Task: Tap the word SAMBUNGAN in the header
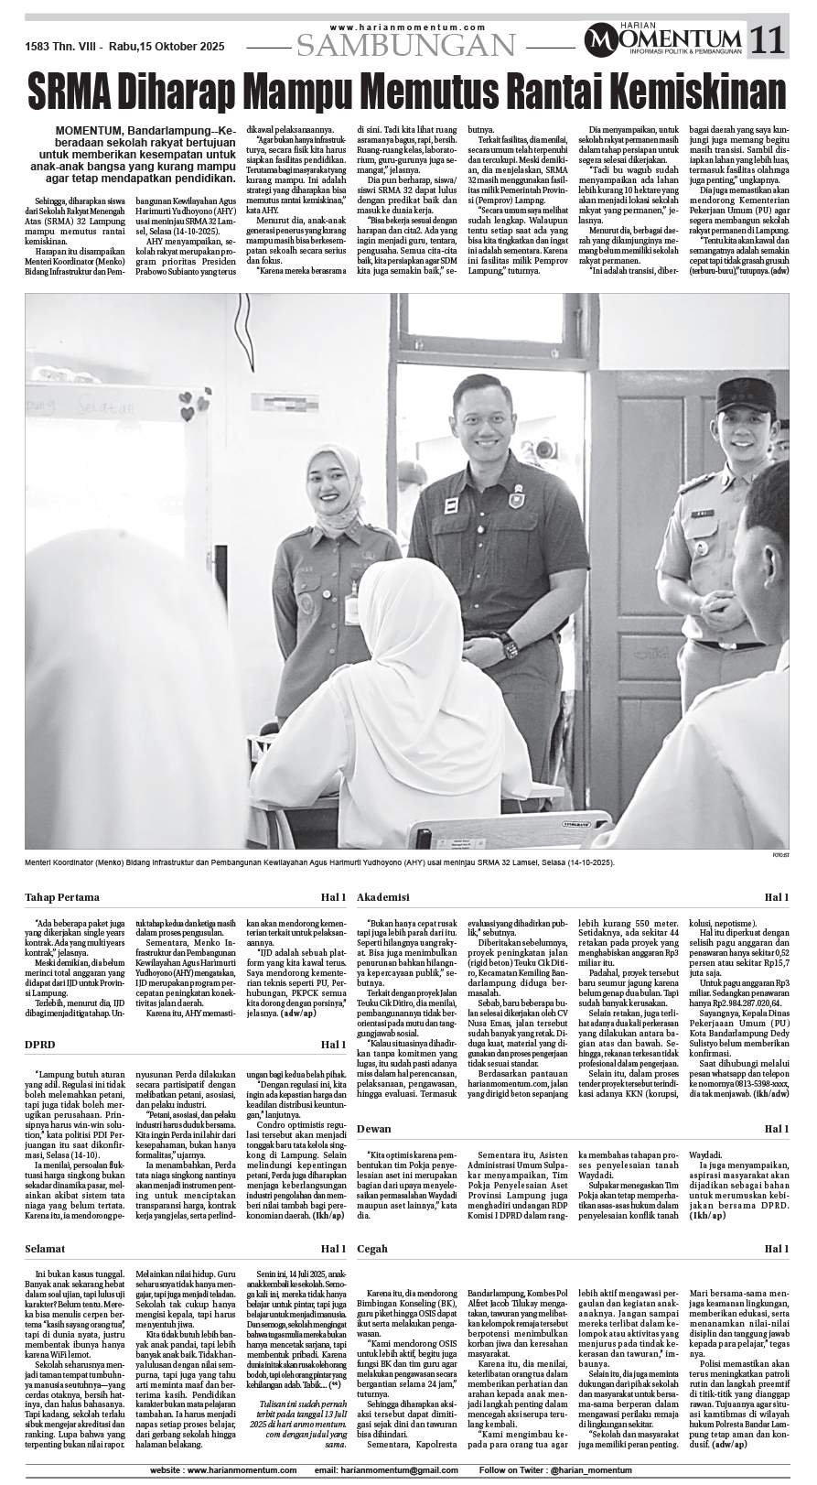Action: [x=407, y=44]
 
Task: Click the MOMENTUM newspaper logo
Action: [x=664, y=39]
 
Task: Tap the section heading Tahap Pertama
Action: [x=62, y=896]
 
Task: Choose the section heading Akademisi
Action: [x=382, y=896]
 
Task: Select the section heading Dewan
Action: [x=374, y=1129]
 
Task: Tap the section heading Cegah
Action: [x=372, y=1249]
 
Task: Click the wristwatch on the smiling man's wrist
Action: [x=510, y=646]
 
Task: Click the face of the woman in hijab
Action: [x=331, y=492]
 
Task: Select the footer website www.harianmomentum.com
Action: [x=223, y=1470]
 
